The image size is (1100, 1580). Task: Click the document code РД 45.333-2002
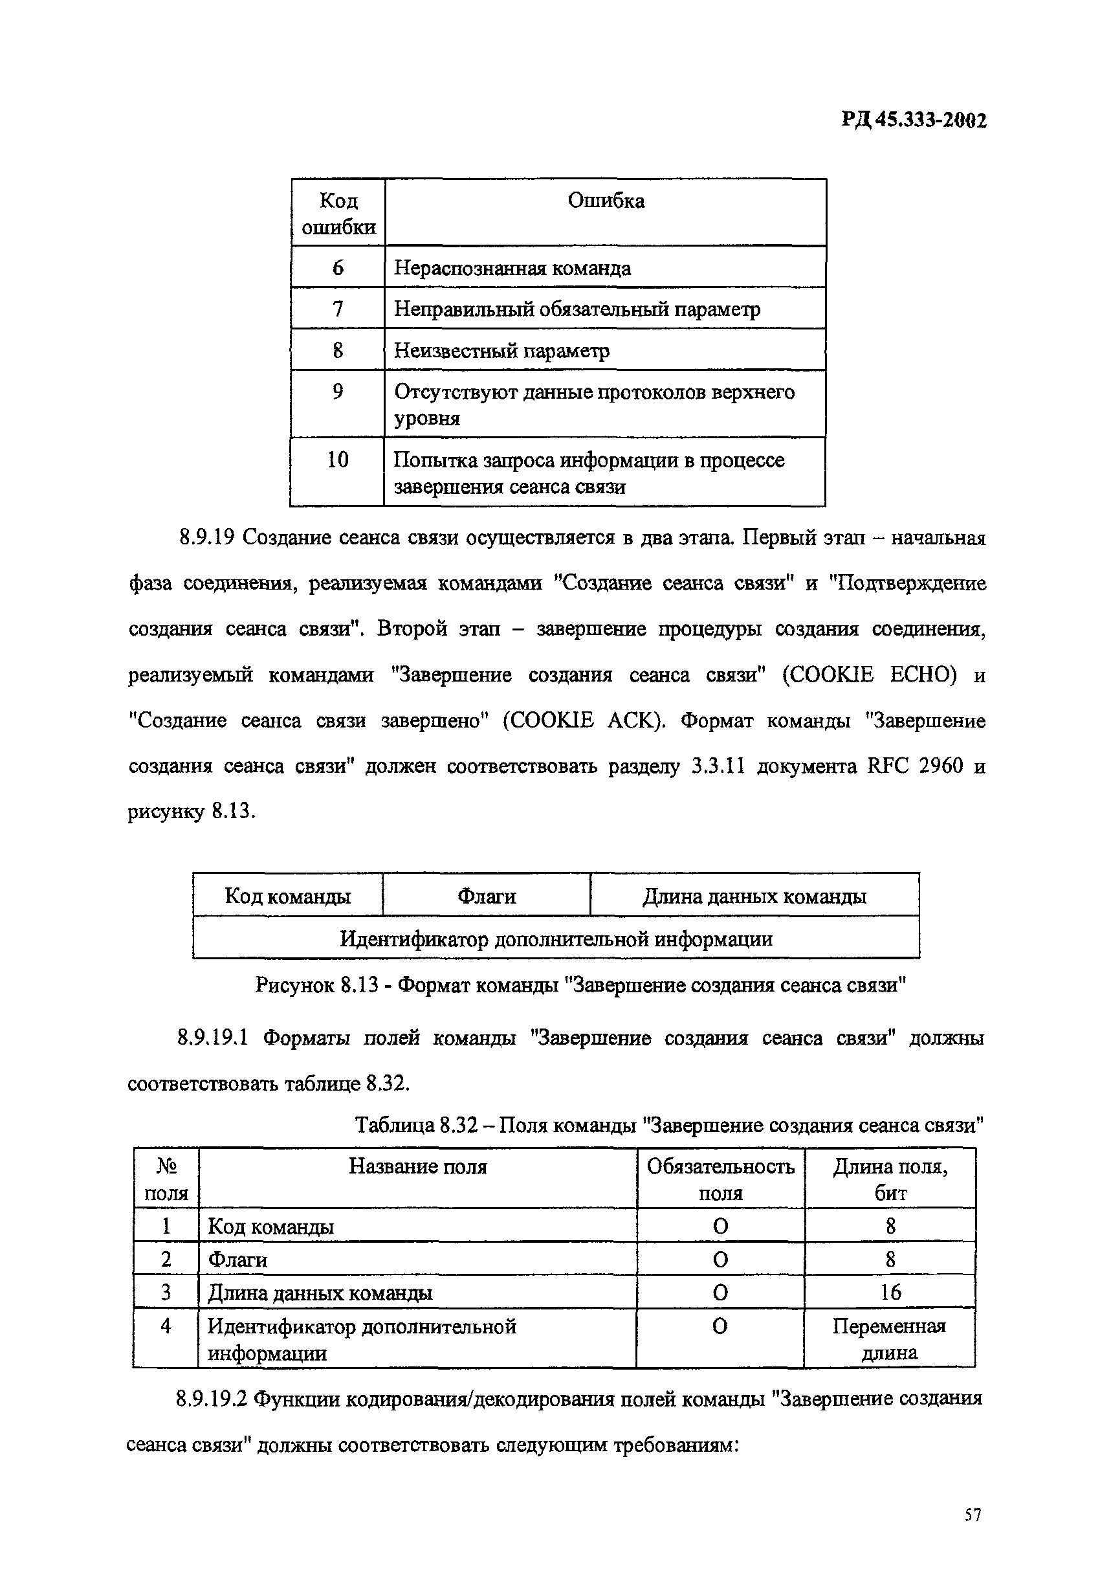tap(914, 121)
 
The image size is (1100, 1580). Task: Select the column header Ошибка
tap(606, 201)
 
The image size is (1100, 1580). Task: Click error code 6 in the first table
tap(338, 268)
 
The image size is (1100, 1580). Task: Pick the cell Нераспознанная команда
tap(512, 268)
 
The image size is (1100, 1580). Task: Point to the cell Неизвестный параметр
tap(501, 351)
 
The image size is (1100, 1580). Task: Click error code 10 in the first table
tap(338, 460)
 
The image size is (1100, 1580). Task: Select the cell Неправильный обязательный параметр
tap(577, 309)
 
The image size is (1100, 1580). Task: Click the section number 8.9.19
tap(206, 537)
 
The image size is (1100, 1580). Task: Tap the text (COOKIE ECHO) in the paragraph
tap(870, 675)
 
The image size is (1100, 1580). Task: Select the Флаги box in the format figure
tap(487, 896)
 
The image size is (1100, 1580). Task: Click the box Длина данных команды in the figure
tap(754, 896)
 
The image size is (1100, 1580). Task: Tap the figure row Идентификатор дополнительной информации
tap(556, 939)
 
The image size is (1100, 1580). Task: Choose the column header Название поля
tap(417, 1166)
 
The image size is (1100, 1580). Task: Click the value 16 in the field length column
tap(890, 1293)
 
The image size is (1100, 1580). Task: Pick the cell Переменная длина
tap(889, 1339)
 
